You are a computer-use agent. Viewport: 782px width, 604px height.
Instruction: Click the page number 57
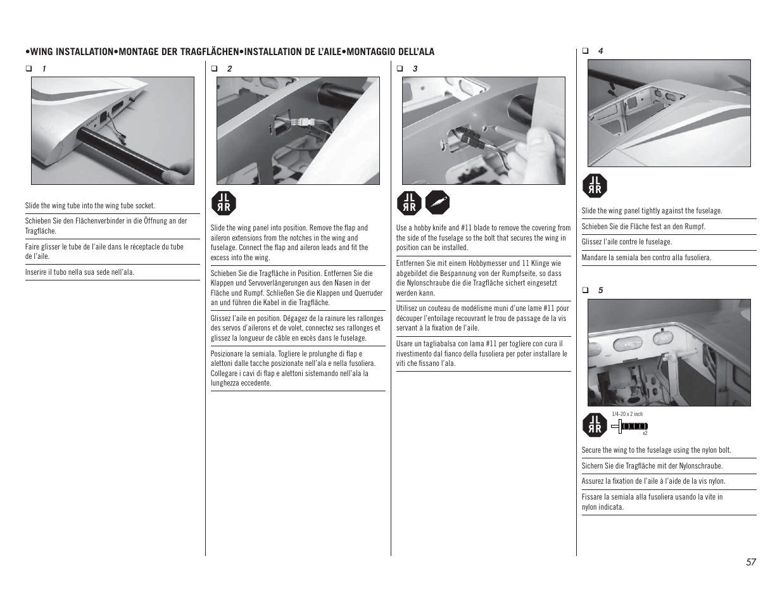750,562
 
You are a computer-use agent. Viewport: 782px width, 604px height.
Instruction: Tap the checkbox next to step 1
28,68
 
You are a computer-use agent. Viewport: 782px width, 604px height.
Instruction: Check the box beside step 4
585,51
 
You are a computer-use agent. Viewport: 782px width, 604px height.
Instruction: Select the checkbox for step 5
585,291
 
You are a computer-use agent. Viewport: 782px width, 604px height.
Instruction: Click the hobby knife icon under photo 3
438,203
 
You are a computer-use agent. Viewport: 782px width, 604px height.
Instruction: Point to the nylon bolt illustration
629,426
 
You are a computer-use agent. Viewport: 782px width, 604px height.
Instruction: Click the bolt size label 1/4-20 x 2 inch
627,414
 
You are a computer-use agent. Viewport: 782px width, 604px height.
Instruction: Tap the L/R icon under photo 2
224,203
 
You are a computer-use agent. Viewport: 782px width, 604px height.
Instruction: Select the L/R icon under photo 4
595,186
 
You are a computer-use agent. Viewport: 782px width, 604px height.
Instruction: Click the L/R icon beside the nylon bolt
595,425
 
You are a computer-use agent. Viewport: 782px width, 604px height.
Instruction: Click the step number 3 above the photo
415,68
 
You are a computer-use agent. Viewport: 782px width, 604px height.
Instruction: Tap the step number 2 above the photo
229,68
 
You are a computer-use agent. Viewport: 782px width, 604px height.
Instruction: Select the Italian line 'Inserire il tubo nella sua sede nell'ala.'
80,272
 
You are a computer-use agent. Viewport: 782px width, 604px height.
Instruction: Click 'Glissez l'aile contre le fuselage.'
627,242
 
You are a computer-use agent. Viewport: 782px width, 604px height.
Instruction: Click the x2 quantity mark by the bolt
645,434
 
